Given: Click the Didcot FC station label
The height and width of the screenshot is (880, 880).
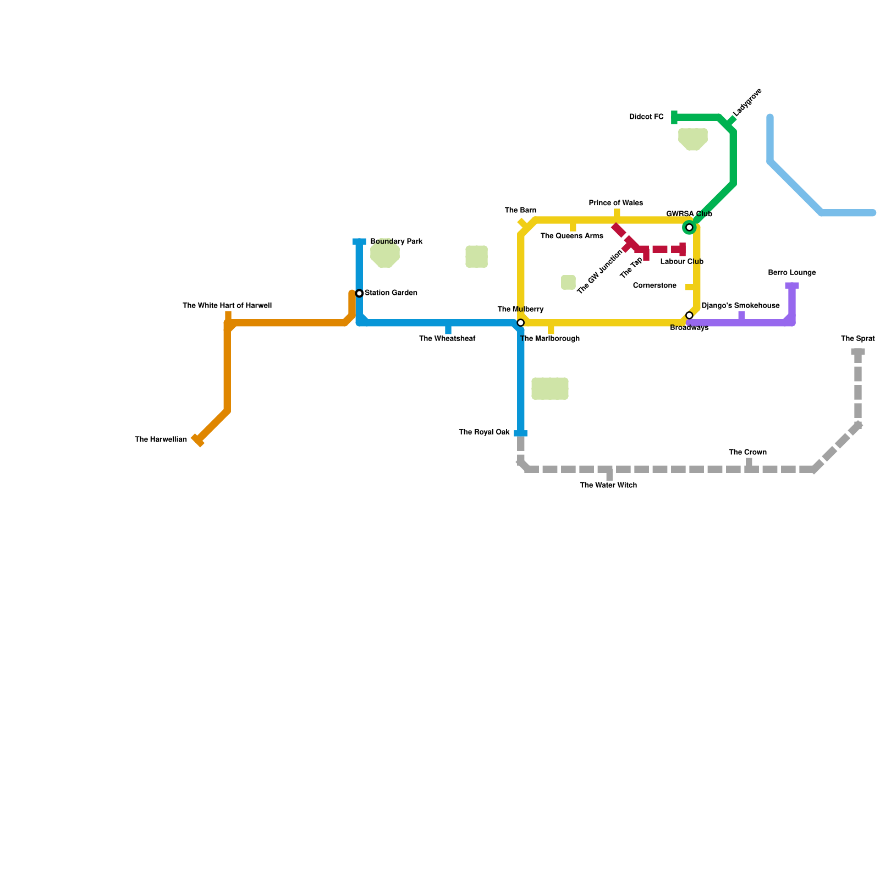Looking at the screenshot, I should point(646,117).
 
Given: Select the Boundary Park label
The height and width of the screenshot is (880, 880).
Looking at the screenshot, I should point(396,242).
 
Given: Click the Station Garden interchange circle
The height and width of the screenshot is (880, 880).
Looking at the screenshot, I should point(359,293).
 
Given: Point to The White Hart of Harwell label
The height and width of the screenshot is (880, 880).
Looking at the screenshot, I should point(227,306).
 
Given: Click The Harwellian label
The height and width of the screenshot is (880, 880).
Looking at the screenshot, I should point(161,440).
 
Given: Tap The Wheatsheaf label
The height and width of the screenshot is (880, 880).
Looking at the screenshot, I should point(447,339).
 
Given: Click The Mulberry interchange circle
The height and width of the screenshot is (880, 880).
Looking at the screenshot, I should point(521,323).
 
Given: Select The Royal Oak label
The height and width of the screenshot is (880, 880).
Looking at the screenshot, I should point(484,432).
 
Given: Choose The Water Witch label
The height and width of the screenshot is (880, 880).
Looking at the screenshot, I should point(608,486).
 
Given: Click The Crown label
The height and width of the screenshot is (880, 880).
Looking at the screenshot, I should point(747,453).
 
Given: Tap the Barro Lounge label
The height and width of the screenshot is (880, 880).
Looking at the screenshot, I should point(791,273).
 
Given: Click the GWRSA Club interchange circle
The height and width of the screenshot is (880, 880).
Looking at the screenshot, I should point(689,227).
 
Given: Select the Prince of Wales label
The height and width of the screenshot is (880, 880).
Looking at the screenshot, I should point(615,204).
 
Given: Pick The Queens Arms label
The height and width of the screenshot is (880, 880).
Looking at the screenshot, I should point(571,237).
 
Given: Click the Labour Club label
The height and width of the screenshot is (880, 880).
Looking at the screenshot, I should point(681,262).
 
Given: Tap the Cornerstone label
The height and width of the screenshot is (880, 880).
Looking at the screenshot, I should point(654,286).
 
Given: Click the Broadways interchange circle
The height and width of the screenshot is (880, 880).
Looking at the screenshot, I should point(689,315).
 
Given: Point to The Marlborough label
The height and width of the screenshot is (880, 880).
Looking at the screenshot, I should point(549,339).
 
